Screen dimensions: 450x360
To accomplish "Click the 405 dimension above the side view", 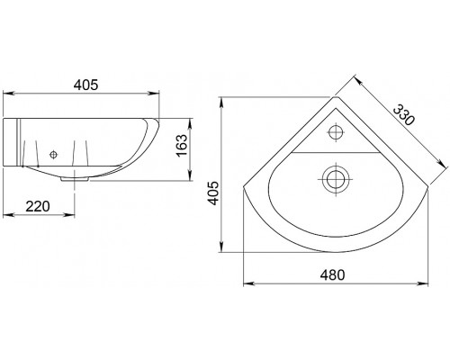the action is (x=85, y=85).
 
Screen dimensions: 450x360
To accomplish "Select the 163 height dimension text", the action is (x=182, y=146).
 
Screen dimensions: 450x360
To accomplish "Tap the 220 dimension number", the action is (x=38, y=206).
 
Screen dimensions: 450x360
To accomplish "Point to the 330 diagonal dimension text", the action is (x=404, y=114).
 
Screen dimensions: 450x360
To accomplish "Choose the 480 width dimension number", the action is (x=332, y=274).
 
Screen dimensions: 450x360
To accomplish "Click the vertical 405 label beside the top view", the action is (x=213, y=193).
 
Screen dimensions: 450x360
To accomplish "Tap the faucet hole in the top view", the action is (x=336, y=131).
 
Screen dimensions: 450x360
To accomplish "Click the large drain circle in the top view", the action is (x=336, y=179).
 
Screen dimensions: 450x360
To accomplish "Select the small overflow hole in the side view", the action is (x=53, y=155).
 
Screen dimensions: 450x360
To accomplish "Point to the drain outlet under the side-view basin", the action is (x=75, y=179).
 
